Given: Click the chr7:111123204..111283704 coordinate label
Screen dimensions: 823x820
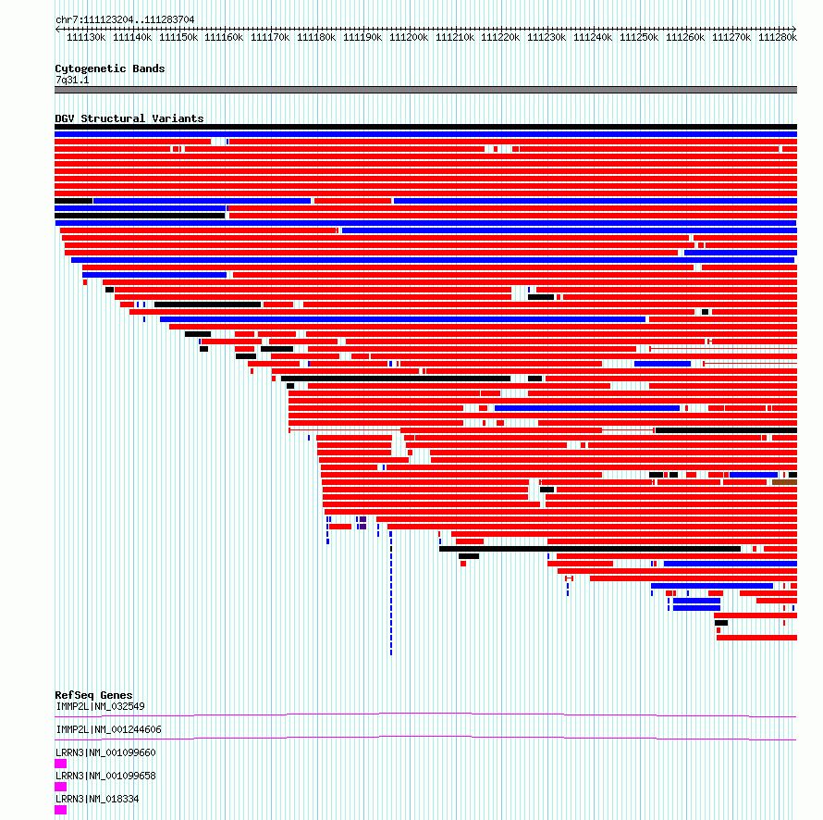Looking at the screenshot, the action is [x=125, y=19].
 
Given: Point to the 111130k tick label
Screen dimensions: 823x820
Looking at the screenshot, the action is [x=86, y=37].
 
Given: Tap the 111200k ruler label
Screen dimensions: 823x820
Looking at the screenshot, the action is [x=409, y=37].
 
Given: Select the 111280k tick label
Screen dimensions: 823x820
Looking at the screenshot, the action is [x=778, y=37].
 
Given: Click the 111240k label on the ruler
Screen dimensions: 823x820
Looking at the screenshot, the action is [x=593, y=37].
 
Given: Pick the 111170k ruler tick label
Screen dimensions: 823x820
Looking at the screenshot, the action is [x=270, y=37].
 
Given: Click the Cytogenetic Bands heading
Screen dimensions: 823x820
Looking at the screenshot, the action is [x=110, y=68].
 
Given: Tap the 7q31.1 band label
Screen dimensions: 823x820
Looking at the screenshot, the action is [x=72, y=80].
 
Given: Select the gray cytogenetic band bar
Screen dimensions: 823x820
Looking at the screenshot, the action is [x=425, y=90].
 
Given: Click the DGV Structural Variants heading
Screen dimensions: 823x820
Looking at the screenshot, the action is [x=129, y=118].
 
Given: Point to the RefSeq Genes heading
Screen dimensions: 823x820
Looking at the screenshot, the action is [x=94, y=695].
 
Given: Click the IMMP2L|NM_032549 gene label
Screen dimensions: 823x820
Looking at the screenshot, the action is [x=100, y=706].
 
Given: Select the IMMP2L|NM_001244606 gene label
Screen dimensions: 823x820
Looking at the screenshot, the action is [x=108, y=729].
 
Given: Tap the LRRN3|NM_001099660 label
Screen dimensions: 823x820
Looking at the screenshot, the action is [x=106, y=752].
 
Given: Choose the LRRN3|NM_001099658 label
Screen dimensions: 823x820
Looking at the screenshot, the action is [x=106, y=776].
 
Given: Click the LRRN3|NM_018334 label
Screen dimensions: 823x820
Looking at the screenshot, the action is [x=98, y=799].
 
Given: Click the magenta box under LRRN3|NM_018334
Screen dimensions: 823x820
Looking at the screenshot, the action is [x=61, y=810].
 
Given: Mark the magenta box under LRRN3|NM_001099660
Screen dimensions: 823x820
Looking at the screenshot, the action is [x=61, y=764].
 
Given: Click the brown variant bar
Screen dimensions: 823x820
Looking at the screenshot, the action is [x=785, y=482].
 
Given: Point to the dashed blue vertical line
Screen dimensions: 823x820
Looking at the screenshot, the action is [x=391, y=593].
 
